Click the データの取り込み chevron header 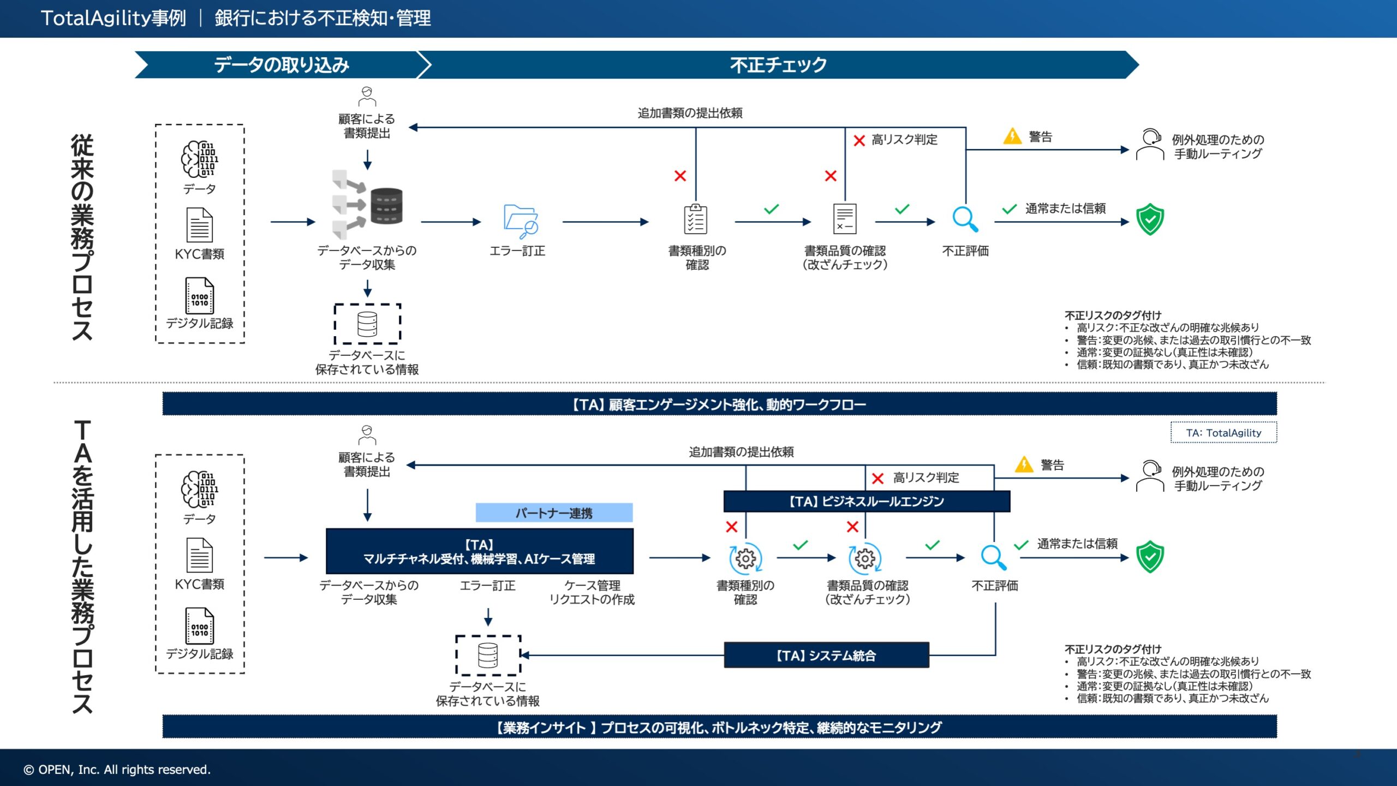[x=281, y=65]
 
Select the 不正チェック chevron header [x=778, y=65]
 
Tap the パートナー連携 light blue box [x=554, y=513]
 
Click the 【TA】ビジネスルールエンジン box [x=867, y=501]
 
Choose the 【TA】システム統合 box [x=826, y=655]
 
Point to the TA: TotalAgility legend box [x=1223, y=433]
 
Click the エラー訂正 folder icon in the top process [x=520, y=221]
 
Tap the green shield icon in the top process [x=1150, y=219]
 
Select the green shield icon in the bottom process [x=1150, y=556]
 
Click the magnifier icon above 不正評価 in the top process [x=965, y=219]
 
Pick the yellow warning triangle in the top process [x=1012, y=136]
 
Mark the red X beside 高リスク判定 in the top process [x=859, y=140]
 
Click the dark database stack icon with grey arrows [x=386, y=206]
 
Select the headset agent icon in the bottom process [x=1150, y=476]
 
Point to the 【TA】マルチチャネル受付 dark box [x=479, y=551]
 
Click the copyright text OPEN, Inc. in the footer [x=117, y=770]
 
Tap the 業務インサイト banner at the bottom [x=719, y=727]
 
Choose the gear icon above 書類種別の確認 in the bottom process [x=745, y=558]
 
